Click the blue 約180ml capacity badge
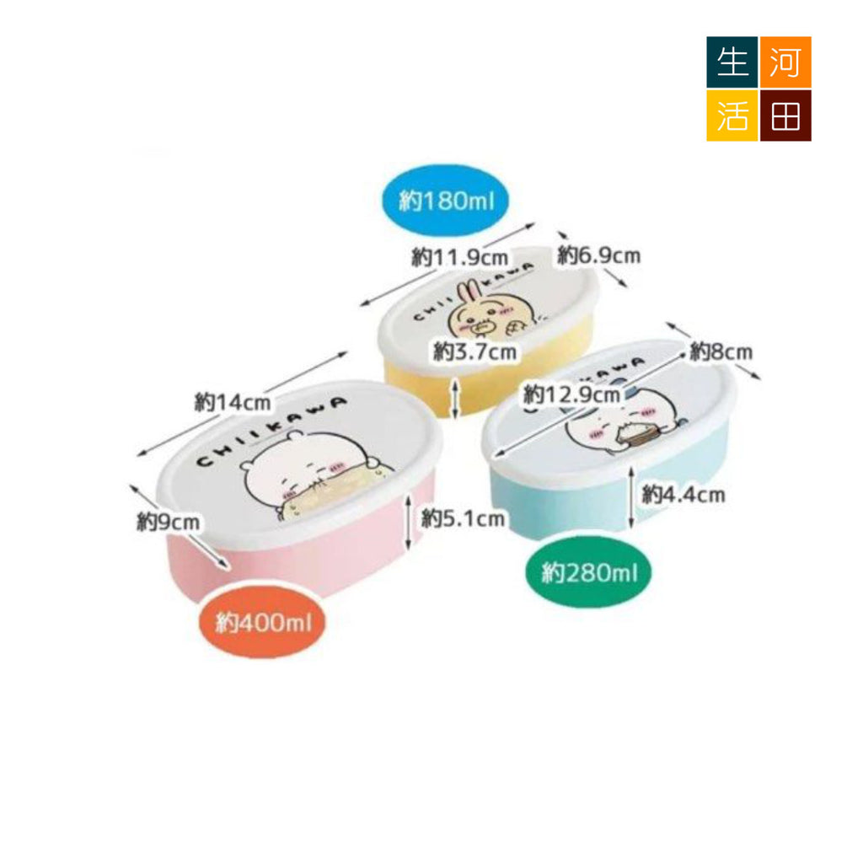[446, 201]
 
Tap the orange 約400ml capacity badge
[263, 623]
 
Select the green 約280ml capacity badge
[589, 573]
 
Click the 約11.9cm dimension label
[460, 257]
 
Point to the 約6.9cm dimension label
[599, 255]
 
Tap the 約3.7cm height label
[475, 351]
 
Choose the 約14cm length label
[233, 402]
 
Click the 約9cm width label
[169, 522]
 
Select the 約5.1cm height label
[463, 518]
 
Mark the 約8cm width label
[721, 351]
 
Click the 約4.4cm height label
[683, 495]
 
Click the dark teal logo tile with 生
[732, 62]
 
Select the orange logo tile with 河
[785, 62]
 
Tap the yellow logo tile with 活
[732, 115]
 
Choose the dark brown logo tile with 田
[785, 115]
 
